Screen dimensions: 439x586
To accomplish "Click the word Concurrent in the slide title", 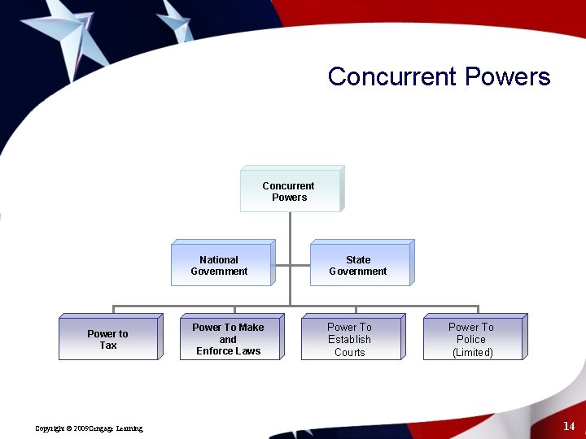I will click(x=392, y=77).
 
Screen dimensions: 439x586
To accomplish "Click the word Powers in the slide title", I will click(x=507, y=77).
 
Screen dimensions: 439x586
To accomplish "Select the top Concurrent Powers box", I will click(x=289, y=192).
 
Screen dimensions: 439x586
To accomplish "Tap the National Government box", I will click(x=220, y=266).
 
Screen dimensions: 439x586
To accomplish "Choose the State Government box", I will click(x=358, y=266).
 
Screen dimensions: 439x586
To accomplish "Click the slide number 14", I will click(x=568, y=426).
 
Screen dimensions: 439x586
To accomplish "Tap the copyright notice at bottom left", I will click(x=90, y=428).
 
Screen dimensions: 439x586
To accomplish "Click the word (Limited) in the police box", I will click(x=472, y=352).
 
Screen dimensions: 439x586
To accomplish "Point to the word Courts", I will click(x=350, y=352).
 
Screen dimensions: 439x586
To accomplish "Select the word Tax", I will click(x=108, y=346).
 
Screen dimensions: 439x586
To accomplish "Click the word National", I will click(x=219, y=260).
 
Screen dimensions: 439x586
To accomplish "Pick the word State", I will click(x=358, y=260).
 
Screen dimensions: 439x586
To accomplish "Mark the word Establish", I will click(x=349, y=340).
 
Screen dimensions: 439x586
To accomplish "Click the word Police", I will click(x=471, y=340).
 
